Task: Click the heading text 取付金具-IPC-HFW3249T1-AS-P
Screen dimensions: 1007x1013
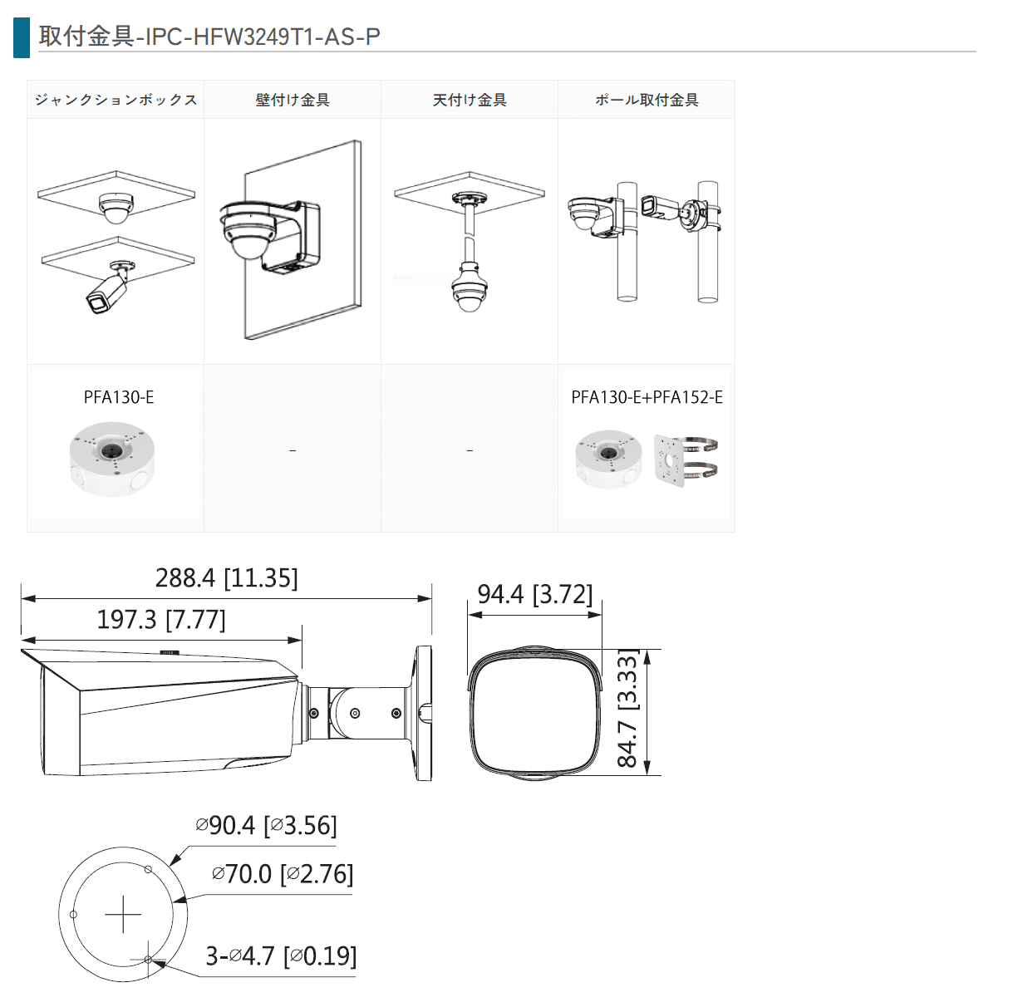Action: tap(209, 37)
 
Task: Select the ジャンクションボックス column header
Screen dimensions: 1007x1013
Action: tap(116, 100)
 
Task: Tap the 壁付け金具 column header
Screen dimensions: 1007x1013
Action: tap(293, 100)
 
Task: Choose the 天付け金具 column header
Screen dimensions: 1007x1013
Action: tap(470, 100)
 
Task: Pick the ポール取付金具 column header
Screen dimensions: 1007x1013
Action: tap(647, 100)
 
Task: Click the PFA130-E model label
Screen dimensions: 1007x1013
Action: tap(119, 397)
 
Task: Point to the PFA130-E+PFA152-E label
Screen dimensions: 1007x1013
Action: tap(647, 397)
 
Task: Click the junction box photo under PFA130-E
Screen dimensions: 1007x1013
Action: tap(112, 459)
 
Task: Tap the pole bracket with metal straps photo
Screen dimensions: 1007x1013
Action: tap(686, 459)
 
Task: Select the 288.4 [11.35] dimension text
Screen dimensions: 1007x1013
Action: tap(226, 578)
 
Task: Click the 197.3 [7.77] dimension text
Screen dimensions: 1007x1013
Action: tap(161, 620)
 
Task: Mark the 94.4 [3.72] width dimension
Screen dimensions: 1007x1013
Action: tap(534, 595)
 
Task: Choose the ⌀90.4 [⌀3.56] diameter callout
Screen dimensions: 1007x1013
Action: tap(266, 826)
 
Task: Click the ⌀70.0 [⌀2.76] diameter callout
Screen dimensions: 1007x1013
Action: tap(283, 874)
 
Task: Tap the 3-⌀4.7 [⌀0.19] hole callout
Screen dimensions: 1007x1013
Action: tap(281, 956)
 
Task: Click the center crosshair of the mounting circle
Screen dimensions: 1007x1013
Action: tap(124, 914)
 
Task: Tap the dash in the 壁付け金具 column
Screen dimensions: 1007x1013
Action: tap(293, 450)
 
